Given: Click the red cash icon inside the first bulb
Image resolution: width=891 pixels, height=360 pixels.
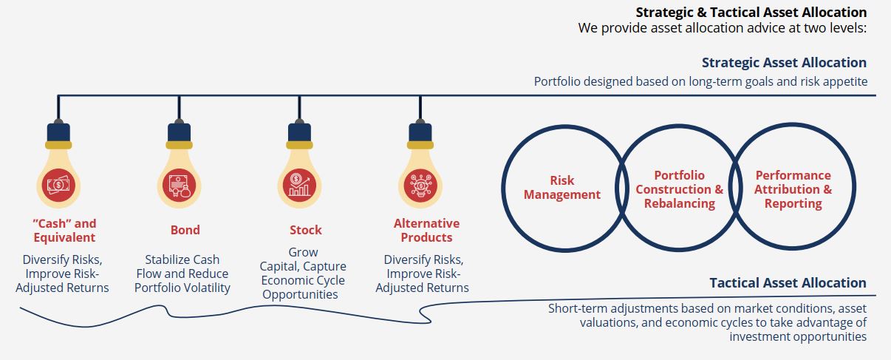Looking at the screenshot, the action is coord(58,185).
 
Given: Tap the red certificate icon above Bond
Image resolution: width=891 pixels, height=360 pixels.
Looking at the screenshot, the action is coord(179,185).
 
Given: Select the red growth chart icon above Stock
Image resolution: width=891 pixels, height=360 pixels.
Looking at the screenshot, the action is coord(299,185).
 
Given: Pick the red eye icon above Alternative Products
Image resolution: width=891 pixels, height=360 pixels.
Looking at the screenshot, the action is coord(420,185).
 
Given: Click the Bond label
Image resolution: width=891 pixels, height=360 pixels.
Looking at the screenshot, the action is coord(185,230).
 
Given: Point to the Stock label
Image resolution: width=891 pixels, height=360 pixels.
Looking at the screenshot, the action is coord(305,230).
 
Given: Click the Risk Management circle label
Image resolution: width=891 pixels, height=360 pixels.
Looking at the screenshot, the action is coord(562,187).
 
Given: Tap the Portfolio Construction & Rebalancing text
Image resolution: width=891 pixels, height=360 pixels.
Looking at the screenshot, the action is coord(680,189).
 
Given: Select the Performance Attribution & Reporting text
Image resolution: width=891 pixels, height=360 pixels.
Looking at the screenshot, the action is coord(793,189).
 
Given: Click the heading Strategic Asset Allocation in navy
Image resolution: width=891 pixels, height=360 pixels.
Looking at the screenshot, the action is coord(784,62).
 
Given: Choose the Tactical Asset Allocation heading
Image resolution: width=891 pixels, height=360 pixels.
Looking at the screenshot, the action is coord(788,283).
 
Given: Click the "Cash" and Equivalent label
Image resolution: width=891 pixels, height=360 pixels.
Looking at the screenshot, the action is coord(64,231).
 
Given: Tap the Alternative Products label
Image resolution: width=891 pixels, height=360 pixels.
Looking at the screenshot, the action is coord(426,231).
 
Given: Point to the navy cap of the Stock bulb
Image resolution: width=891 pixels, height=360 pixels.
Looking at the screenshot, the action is coord(299,132).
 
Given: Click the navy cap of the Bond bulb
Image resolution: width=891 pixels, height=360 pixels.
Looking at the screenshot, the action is coord(179,132).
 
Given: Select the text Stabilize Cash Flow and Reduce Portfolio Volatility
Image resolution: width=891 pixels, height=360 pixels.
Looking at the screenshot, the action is coord(182,274).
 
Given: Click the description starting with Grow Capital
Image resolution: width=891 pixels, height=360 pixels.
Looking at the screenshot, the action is coord(303,274).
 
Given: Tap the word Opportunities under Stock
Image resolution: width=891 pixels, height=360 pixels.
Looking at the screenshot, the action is coord(300,295).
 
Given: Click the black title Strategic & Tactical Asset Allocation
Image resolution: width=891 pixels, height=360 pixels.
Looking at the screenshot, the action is coord(751,13).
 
